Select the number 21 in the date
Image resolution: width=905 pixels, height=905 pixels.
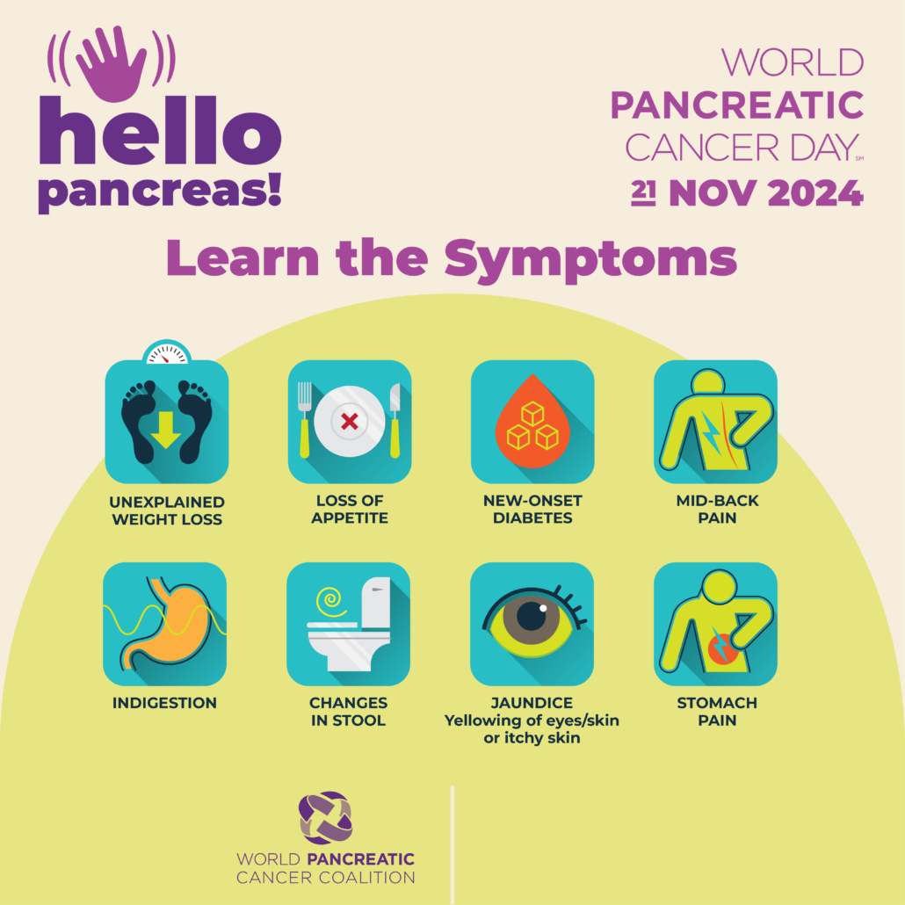pyautogui.click(x=643, y=192)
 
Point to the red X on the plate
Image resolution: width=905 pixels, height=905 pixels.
pyautogui.click(x=349, y=422)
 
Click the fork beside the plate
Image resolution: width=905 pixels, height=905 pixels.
pyautogui.click(x=304, y=420)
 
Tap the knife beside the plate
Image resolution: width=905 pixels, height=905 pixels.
pyautogui.click(x=395, y=420)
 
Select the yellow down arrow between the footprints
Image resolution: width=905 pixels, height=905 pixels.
pyautogui.click(x=166, y=430)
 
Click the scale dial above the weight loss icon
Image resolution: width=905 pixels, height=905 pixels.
pyautogui.click(x=167, y=352)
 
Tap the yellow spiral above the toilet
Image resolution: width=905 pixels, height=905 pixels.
pyautogui.click(x=330, y=601)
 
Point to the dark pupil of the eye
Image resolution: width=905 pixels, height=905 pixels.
pyautogui.click(x=532, y=615)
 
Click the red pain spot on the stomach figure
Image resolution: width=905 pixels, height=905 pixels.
pyautogui.click(x=722, y=650)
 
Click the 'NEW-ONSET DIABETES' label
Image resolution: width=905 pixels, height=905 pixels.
pyautogui.click(x=532, y=509)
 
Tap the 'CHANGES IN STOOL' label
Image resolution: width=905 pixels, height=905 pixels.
pyautogui.click(x=348, y=712)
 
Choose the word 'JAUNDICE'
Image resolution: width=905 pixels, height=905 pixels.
pyautogui.click(x=532, y=703)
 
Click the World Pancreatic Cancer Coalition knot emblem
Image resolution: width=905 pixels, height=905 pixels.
pyautogui.click(x=325, y=818)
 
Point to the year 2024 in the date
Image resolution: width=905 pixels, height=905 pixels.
pyautogui.click(x=815, y=192)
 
